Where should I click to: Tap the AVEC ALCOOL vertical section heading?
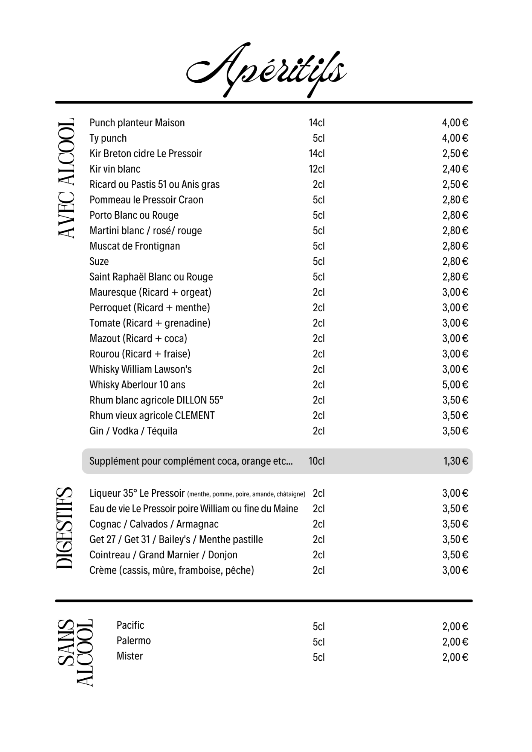click(67, 178)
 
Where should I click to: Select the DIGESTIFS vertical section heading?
click(64, 528)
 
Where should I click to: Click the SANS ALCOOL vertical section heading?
click(75, 653)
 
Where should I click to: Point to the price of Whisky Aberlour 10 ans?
click(455, 385)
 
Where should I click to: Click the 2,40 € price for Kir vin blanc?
click(455, 169)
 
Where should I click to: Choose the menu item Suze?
click(99, 261)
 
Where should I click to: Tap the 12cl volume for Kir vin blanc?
click(317, 169)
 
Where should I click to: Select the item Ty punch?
click(108, 138)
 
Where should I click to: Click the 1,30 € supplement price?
click(456, 461)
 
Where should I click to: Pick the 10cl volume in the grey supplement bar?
click(317, 461)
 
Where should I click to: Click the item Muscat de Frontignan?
click(135, 246)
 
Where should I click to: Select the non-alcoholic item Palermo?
click(134, 641)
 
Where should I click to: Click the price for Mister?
click(455, 657)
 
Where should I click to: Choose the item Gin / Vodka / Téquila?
click(133, 431)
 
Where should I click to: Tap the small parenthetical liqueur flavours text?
click(246, 494)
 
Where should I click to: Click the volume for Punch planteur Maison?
click(317, 123)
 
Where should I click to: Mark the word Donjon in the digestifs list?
click(223, 555)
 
